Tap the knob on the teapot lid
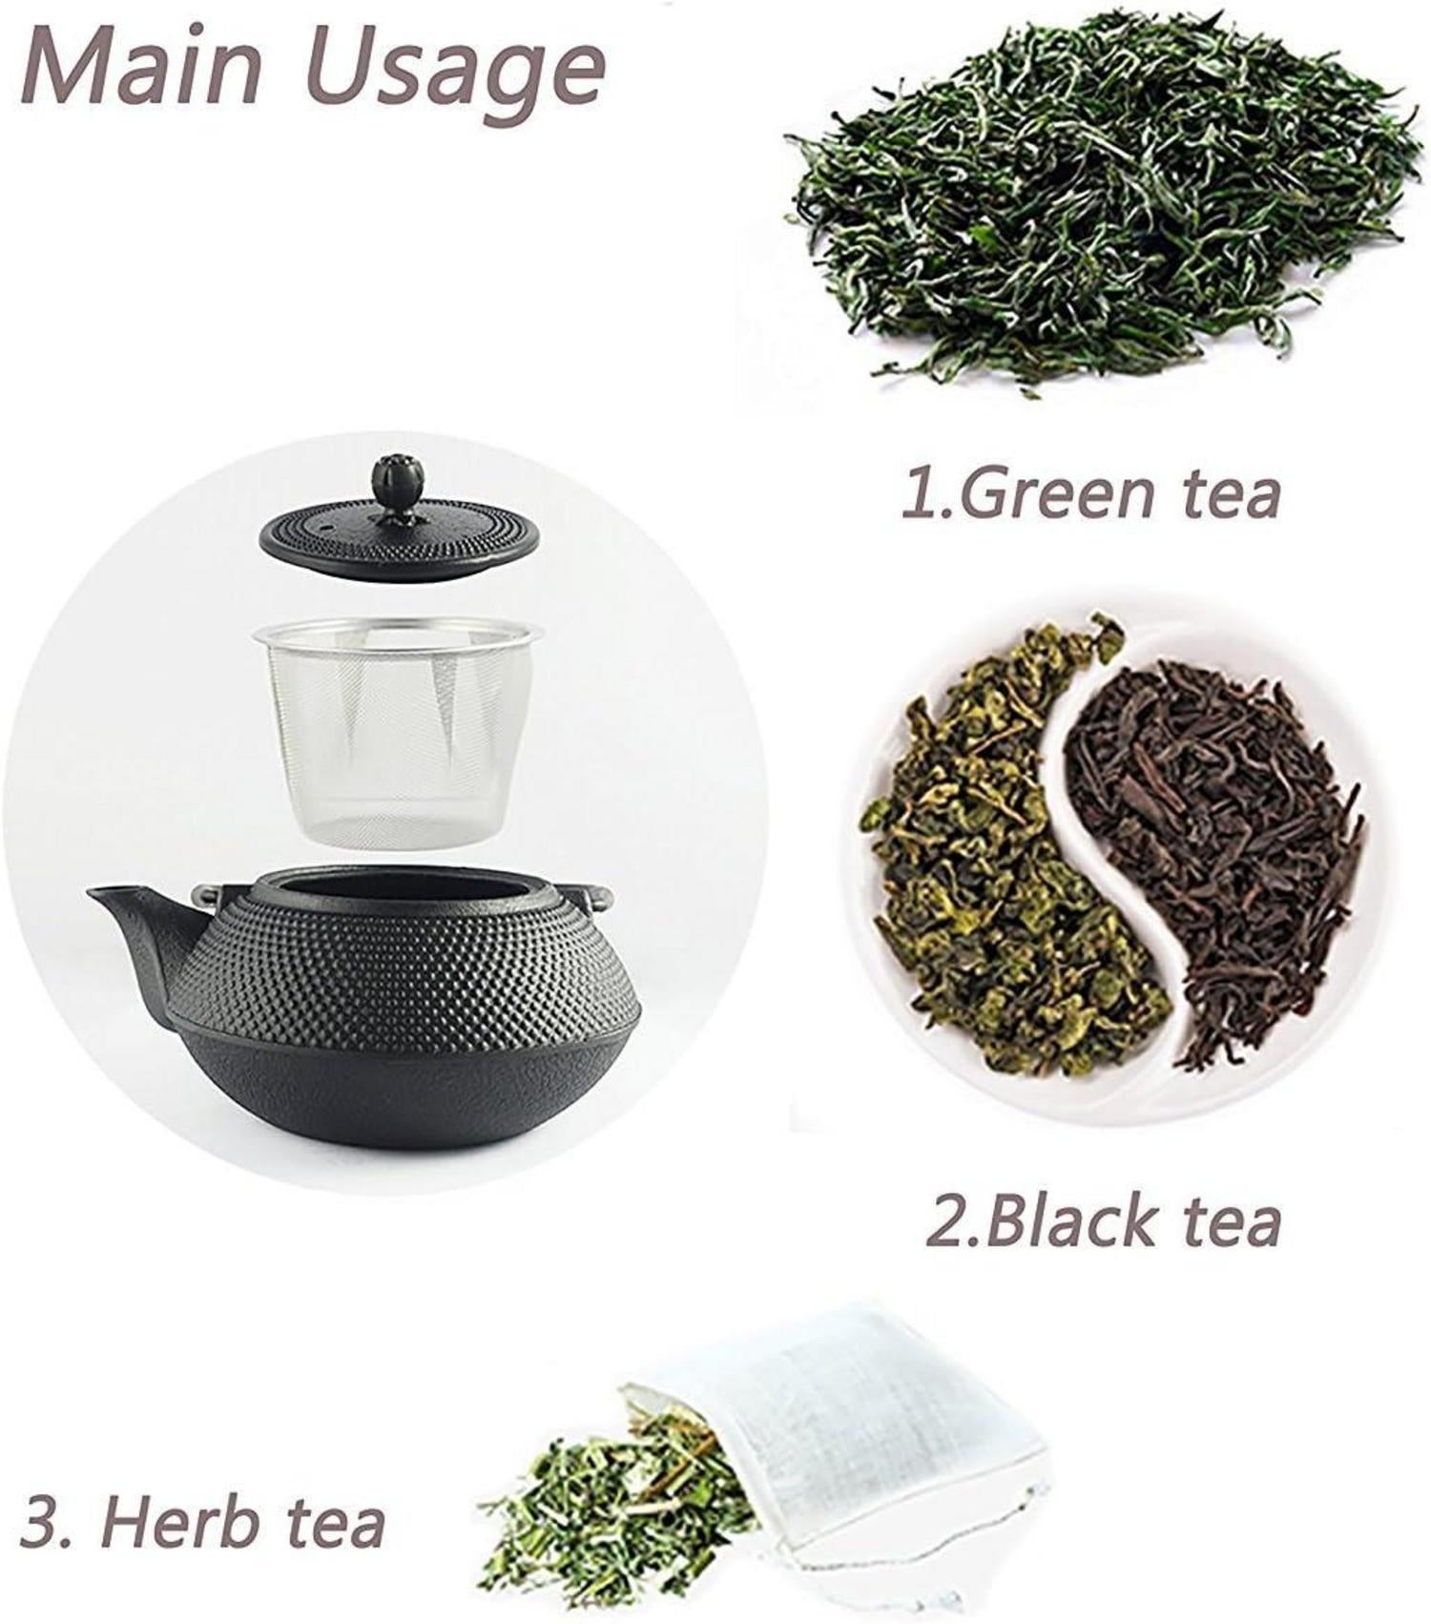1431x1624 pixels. pyautogui.click(x=397, y=485)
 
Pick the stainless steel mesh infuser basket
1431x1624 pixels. pyautogui.click(x=396, y=732)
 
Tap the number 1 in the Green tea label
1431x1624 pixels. pyautogui.click(x=922, y=495)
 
